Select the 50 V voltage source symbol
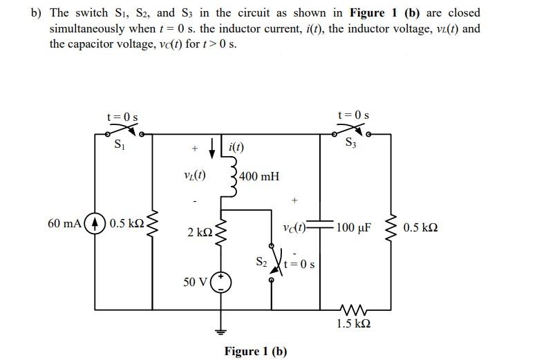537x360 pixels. [x=221, y=282]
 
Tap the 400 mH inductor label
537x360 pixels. [x=259, y=176]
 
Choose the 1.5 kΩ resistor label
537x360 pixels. [x=352, y=323]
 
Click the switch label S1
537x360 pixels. [x=120, y=145]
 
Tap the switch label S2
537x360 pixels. [x=261, y=262]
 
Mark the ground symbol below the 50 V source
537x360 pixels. [x=221, y=330]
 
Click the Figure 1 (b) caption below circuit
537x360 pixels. [x=255, y=351]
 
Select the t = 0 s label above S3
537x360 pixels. [x=352, y=115]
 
